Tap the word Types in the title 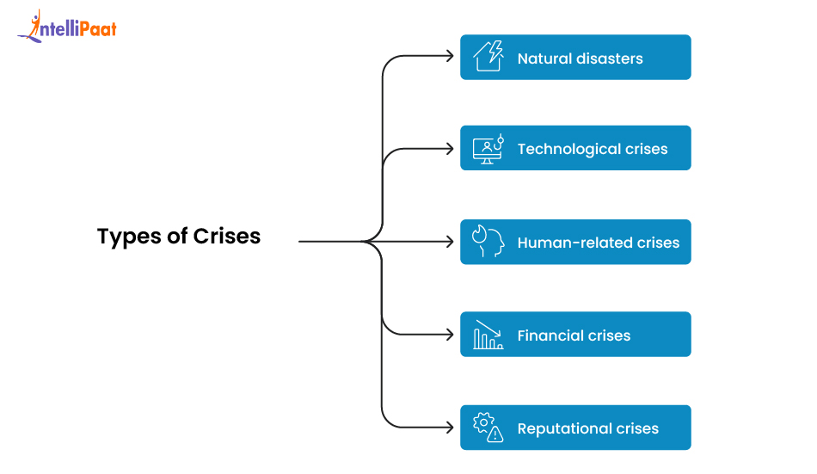126,237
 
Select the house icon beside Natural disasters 488,57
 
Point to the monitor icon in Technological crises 488,149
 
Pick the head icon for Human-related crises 488,242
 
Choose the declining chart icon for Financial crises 488,335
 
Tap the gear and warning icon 488,428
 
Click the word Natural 545,59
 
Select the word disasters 610,59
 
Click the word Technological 568,150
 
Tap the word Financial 549,335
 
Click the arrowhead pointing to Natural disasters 449,57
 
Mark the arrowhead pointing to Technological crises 449,149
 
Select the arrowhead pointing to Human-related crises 449,242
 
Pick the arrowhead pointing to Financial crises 449,334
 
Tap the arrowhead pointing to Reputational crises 449,427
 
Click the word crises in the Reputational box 637,428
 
